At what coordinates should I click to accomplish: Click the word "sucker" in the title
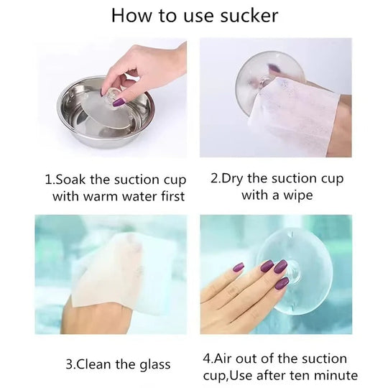[249, 16]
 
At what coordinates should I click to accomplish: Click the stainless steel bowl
[106, 112]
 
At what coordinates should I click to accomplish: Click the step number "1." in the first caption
[49, 180]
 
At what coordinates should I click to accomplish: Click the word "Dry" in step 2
[231, 180]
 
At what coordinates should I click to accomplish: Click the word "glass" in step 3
[154, 365]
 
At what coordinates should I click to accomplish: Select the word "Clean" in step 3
[95, 364]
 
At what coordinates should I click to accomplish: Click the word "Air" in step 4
[223, 359]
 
